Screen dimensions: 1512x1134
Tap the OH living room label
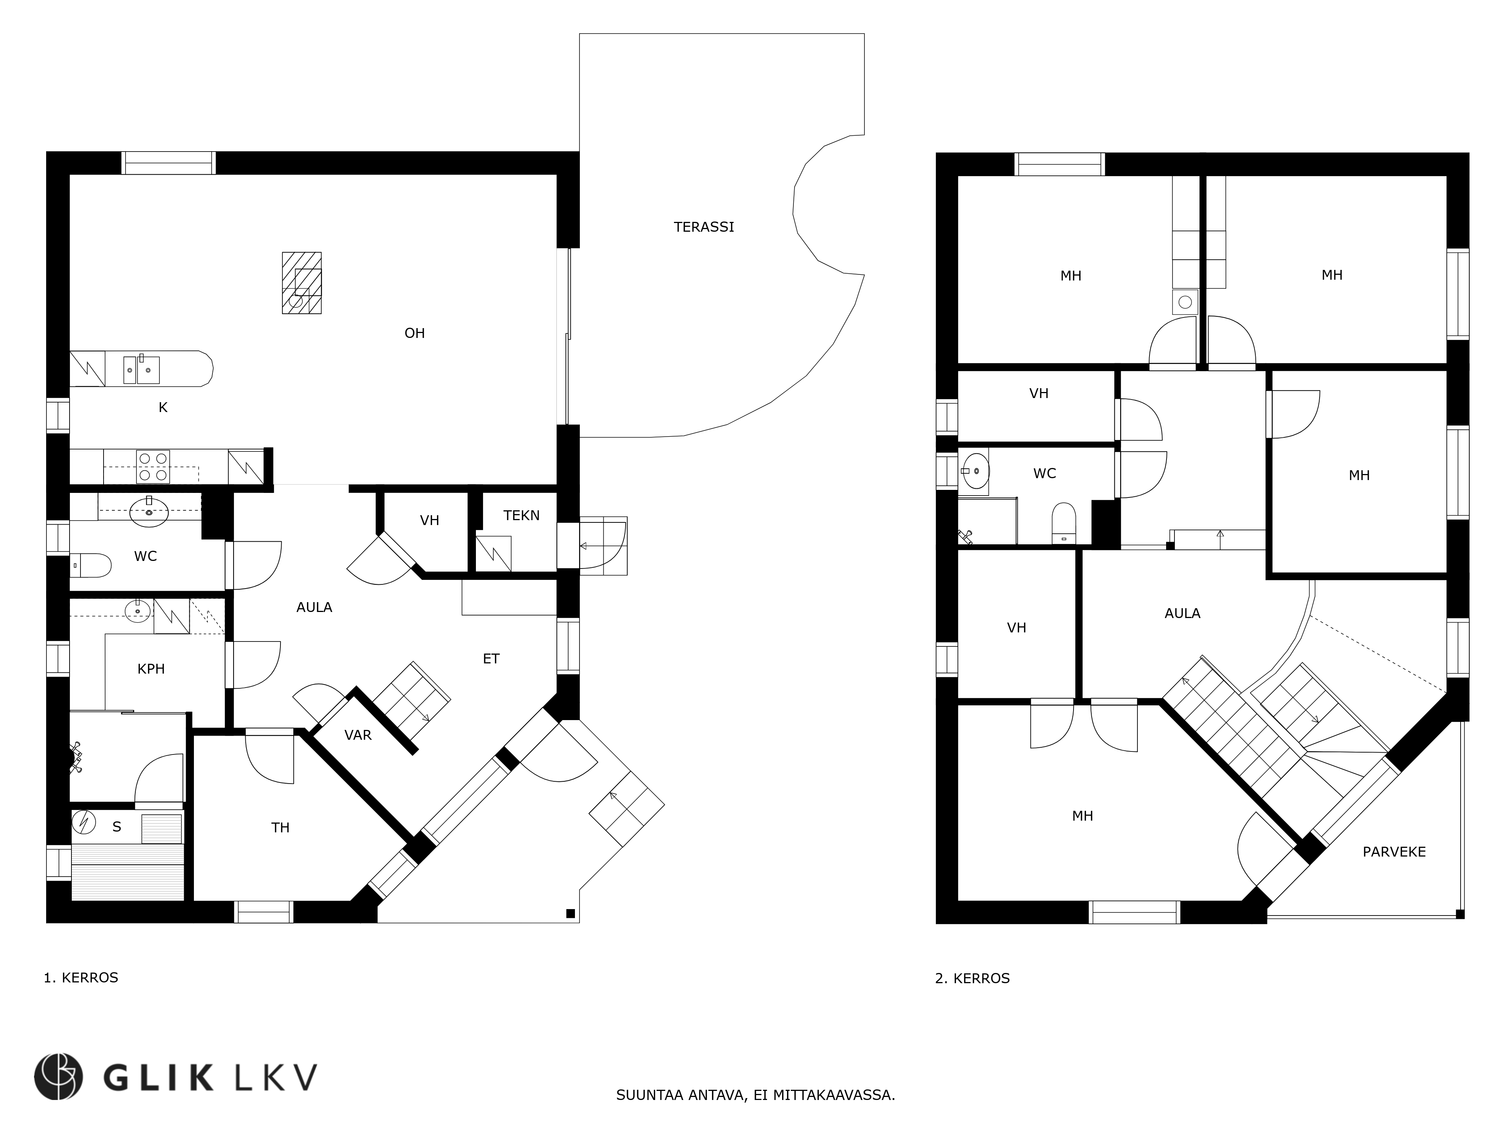[415, 333]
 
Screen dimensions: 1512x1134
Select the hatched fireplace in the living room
[301, 283]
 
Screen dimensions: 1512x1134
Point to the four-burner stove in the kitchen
[153, 467]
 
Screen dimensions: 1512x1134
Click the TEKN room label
[522, 515]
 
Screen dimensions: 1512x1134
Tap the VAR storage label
[358, 736]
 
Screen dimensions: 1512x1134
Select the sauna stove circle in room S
[84, 822]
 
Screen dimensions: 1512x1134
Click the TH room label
[280, 828]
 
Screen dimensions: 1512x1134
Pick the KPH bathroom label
[151, 669]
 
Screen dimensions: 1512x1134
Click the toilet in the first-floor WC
[91, 565]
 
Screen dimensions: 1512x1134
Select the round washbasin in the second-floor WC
[974, 471]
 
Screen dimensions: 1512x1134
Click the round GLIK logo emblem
[59, 1077]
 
